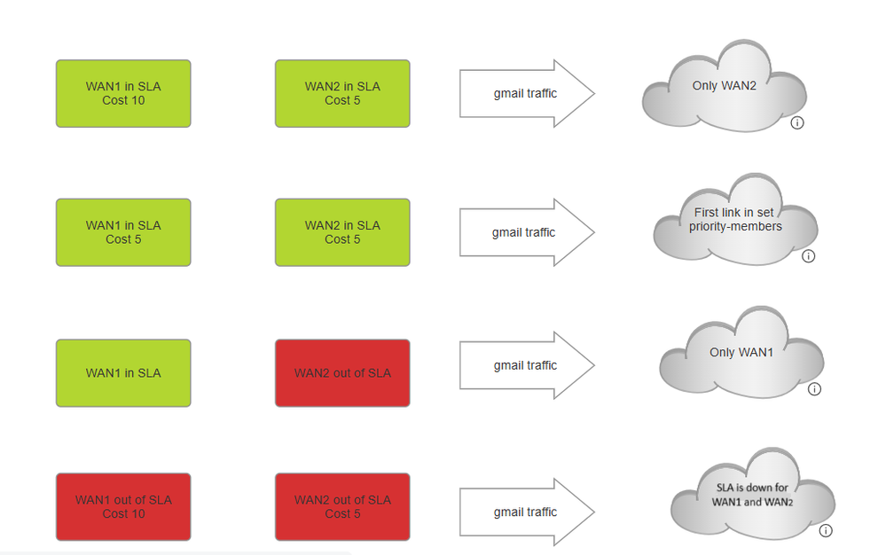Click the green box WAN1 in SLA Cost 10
pyautogui.click(x=123, y=93)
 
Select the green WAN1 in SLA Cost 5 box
pyautogui.click(x=123, y=232)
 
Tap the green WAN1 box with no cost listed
pyautogui.click(x=123, y=373)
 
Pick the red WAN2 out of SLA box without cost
pyautogui.click(x=342, y=373)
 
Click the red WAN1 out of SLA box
pyautogui.click(x=123, y=506)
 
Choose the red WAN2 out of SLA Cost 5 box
pyautogui.click(x=342, y=506)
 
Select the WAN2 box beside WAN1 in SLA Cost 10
pyautogui.click(x=342, y=93)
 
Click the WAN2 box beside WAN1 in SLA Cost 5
pyautogui.click(x=342, y=232)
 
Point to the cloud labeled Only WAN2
pyautogui.click(x=724, y=89)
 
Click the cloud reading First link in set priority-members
pyautogui.click(x=735, y=222)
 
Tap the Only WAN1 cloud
pyautogui.click(x=741, y=355)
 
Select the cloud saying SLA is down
pyautogui.click(x=752, y=495)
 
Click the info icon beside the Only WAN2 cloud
pyautogui.click(x=796, y=123)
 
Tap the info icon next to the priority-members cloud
pyautogui.click(x=808, y=256)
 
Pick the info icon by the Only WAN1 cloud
pyautogui.click(x=814, y=389)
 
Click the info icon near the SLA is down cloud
pyautogui.click(x=826, y=531)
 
